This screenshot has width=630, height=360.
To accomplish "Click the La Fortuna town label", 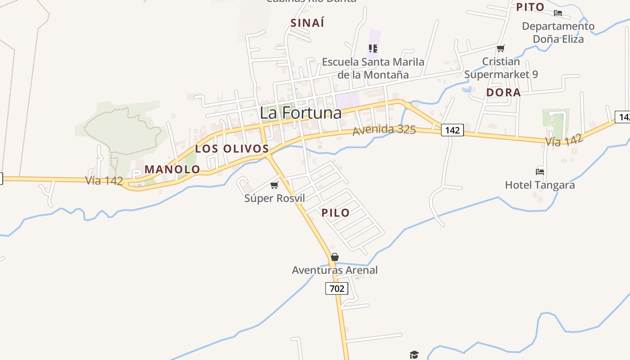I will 301,113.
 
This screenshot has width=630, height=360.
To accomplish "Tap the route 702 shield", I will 337,288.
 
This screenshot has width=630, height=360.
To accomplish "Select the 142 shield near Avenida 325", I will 452,130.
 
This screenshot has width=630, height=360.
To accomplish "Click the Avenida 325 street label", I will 384,130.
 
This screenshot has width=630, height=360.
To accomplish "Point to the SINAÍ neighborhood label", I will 307,23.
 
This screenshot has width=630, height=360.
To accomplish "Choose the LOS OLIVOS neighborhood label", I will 232,149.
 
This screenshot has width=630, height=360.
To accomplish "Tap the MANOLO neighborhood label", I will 172,170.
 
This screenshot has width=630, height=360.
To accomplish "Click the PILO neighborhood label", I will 336,213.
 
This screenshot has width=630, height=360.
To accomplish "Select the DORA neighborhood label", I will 504,93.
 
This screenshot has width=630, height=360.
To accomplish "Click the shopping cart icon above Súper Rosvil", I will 274,185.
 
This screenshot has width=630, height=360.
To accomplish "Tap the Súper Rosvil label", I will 274,198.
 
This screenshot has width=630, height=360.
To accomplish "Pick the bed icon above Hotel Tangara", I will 540,171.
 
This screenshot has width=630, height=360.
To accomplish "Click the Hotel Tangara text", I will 540,185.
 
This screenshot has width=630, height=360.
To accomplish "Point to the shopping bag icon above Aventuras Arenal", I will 335,257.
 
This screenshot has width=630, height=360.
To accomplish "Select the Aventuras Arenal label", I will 335,270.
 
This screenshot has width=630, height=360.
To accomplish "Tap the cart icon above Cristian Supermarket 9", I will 501,48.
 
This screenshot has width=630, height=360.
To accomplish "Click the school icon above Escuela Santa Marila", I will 373,48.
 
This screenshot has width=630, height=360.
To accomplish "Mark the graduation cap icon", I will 414,355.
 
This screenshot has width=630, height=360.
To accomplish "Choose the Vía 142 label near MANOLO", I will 104,181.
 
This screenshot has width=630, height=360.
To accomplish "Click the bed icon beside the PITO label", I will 558,13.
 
